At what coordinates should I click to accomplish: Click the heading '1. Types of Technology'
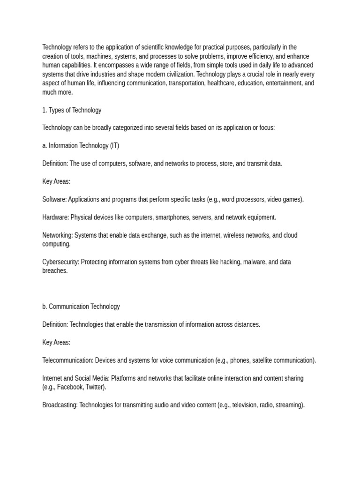[x=72, y=110]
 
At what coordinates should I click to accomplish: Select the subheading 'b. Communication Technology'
[x=81, y=306]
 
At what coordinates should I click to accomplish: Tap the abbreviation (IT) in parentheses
[x=114, y=145]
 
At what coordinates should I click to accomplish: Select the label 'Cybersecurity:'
[x=60, y=262]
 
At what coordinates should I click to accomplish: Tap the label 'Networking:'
[x=58, y=235]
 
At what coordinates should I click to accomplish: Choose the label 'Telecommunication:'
[x=67, y=360]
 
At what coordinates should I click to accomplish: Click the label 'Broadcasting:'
[x=60, y=405]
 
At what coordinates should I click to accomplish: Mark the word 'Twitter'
[x=95, y=387]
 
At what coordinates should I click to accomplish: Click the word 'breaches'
[x=54, y=270]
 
